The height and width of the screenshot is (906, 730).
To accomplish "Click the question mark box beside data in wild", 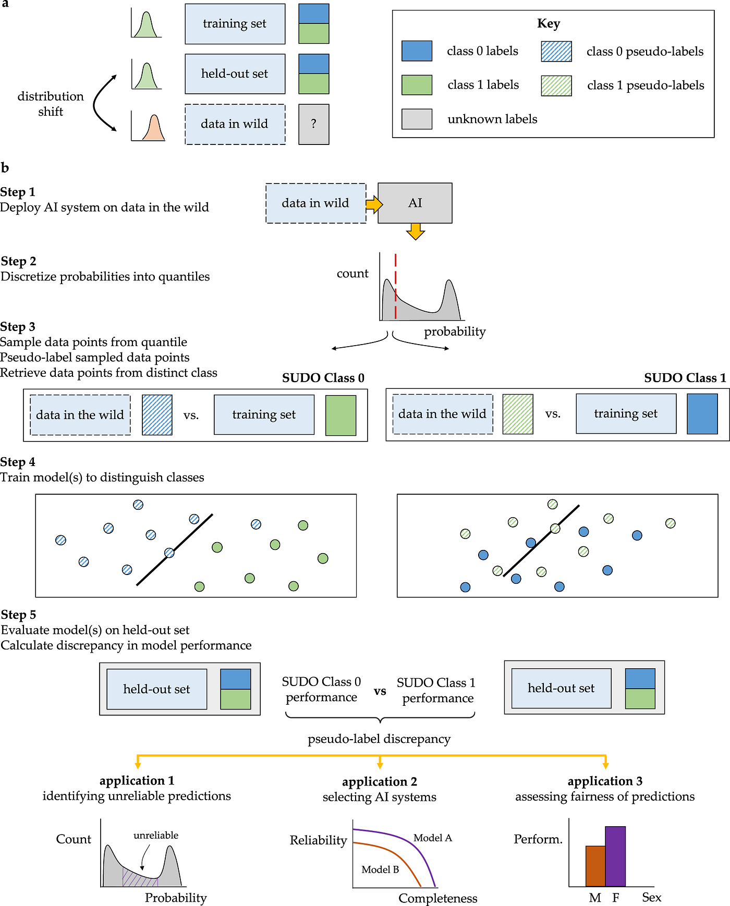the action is click(x=313, y=124).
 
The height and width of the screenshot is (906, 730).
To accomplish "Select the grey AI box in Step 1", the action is click(x=415, y=203).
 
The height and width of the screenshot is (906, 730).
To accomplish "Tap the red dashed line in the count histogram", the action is click(x=396, y=286).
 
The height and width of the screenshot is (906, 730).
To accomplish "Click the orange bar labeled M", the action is click(x=595, y=866).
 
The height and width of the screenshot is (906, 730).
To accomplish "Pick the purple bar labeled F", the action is click(x=615, y=856).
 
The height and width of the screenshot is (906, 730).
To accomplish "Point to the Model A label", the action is click(x=433, y=838).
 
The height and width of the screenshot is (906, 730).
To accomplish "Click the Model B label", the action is click(x=380, y=870).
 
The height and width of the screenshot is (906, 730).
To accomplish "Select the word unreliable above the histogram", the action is click(x=156, y=835).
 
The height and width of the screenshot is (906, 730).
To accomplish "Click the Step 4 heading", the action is click(x=18, y=462).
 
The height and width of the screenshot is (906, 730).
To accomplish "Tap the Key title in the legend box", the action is click(x=549, y=23).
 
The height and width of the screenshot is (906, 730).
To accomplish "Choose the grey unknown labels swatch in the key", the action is click(x=417, y=119).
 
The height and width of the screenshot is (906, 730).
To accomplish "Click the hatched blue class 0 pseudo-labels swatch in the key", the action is click(x=556, y=52).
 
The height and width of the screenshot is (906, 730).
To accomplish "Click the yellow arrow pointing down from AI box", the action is click(x=416, y=231).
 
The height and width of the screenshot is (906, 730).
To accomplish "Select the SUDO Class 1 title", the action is click(x=685, y=378).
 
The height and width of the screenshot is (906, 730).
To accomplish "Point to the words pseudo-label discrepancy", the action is click(x=379, y=739).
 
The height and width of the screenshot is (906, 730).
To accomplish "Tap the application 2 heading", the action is click(x=380, y=781).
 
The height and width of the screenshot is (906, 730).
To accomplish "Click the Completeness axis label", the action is click(x=438, y=898).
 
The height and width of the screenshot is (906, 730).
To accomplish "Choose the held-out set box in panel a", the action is click(x=235, y=74).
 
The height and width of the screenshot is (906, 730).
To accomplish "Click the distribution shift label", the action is click(x=51, y=104).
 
